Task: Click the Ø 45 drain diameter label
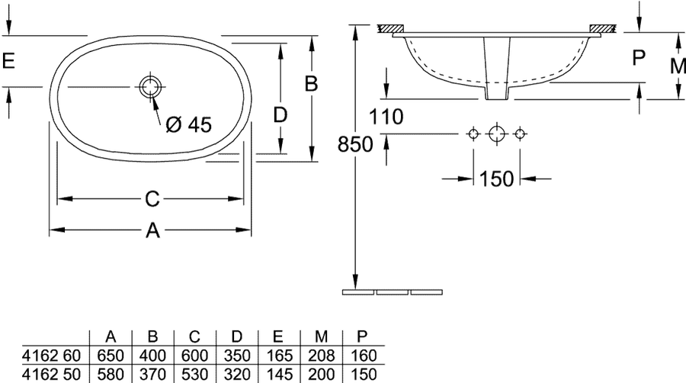188,125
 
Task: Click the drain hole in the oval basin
150,86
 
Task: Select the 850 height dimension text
355,144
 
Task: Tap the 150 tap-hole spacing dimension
496,179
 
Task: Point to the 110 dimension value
386,117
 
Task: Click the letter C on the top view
152,199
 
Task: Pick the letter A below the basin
152,230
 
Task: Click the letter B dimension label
311,83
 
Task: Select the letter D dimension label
280,114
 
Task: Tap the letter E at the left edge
8,60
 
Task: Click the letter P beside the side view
640,57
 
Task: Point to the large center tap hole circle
496,134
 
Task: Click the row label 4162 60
52,356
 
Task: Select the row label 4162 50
52,375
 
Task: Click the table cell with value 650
111,356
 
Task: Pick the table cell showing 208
322,356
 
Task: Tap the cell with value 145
279,375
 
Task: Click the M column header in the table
322,336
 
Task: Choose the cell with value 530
195,375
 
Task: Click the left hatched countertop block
391,28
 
